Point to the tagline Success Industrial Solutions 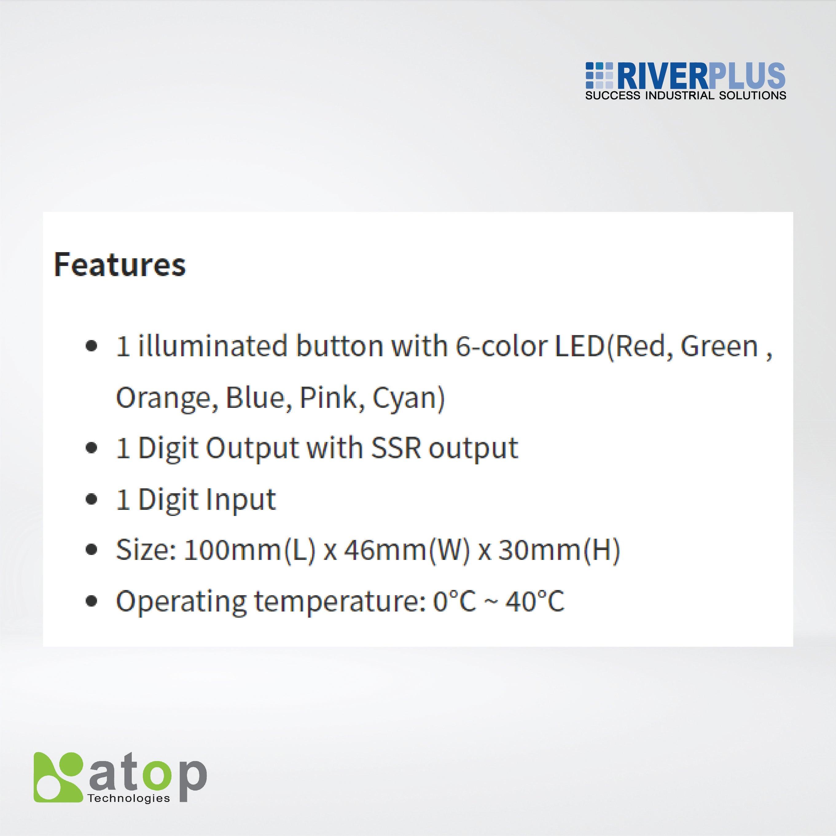click(686, 96)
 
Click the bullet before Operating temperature click(91, 601)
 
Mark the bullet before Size click(91, 550)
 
